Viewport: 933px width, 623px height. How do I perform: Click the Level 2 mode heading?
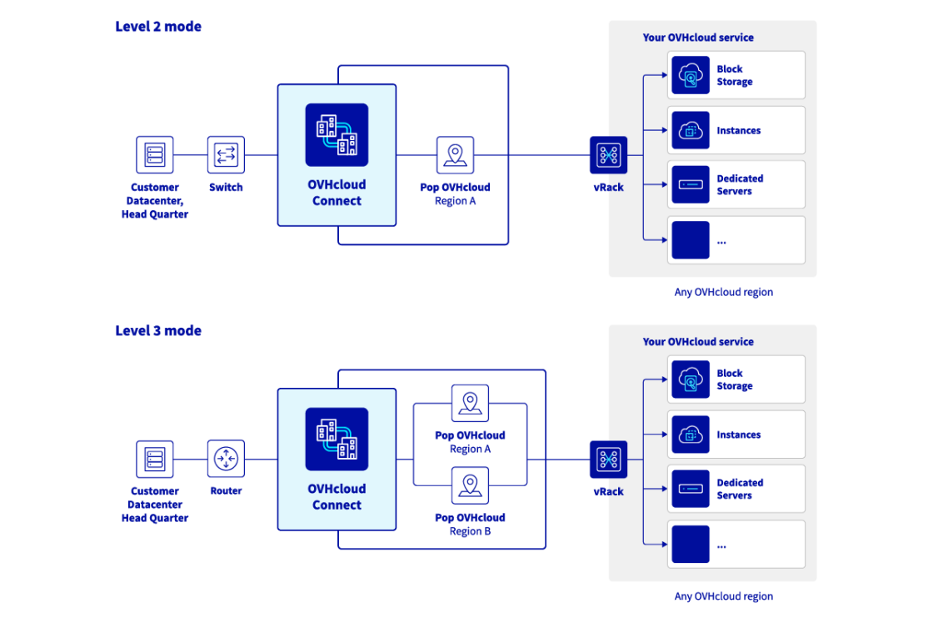pyautogui.click(x=158, y=27)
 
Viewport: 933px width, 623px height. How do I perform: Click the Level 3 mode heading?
pyautogui.click(x=158, y=331)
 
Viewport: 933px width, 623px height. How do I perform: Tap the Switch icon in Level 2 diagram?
pyautogui.click(x=226, y=154)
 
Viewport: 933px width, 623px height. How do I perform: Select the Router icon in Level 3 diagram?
pyautogui.click(x=226, y=459)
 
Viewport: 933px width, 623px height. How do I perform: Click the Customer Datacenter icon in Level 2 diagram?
pyautogui.click(x=155, y=154)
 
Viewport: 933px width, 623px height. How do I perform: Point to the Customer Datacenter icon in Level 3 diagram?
pyautogui.click(x=155, y=459)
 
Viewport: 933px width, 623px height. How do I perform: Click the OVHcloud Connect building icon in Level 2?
pyautogui.click(x=337, y=135)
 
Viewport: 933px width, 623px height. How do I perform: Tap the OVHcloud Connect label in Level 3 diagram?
pyautogui.click(x=337, y=497)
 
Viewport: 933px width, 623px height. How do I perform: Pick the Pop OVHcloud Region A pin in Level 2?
pyautogui.click(x=455, y=155)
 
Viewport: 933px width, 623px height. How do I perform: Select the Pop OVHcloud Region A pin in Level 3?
pyautogui.click(x=470, y=403)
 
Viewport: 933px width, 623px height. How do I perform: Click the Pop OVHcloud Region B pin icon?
pyautogui.click(x=470, y=485)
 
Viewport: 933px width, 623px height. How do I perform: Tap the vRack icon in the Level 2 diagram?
pyautogui.click(x=608, y=155)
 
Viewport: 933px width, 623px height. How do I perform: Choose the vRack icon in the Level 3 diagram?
pyautogui.click(x=608, y=460)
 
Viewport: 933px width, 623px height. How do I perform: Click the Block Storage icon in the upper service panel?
pyautogui.click(x=691, y=76)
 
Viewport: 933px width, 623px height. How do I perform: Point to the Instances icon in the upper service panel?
pyautogui.click(x=691, y=130)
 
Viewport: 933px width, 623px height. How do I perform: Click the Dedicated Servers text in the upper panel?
pyautogui.click(x=740, y=185)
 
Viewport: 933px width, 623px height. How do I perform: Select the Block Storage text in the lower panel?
pyautogui.click(x=734, y=380)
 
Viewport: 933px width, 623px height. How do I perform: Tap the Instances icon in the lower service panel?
pyautogui.click(x=691, y=435)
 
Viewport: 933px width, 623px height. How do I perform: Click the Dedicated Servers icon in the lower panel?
pyautogui.click(x=691, y=489)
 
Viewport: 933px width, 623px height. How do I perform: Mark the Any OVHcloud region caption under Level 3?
pyautogui.click(x=723, y=596)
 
